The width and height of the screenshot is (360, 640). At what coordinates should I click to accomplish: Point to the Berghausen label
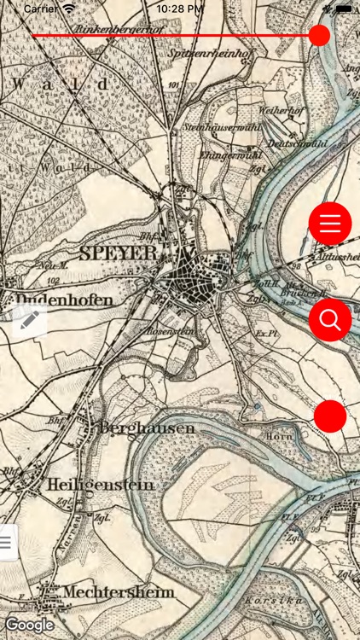[x=146, y=428]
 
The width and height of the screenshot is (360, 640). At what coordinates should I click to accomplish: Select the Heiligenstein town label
[x=101, y=485]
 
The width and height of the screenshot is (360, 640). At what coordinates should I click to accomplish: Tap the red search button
[x=329, y=320]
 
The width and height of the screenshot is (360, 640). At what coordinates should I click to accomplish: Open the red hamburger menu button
[x=329, y=224]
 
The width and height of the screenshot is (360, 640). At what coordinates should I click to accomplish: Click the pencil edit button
[x=29, y=320]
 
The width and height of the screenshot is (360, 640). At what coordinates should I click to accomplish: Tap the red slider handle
[x=319, y=35]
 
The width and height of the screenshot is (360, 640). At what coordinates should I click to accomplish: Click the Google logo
[x=29, y=625]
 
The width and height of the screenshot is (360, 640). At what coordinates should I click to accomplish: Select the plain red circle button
[x=330, y=416]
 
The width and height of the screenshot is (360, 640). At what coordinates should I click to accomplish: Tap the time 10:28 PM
[x=180, y=8]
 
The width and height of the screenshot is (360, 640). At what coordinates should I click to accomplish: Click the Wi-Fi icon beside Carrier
[x=69, y=8]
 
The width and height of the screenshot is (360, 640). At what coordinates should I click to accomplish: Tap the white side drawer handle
[x=7, y=541]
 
